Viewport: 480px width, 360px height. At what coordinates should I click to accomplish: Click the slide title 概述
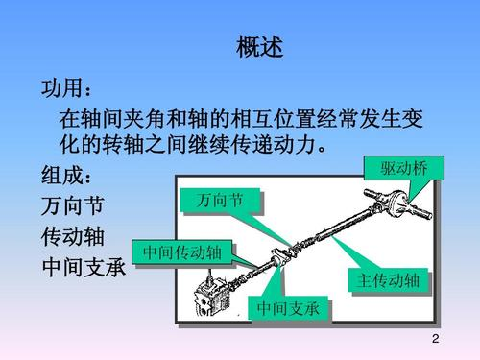pyautogui.click(x=259, y=46)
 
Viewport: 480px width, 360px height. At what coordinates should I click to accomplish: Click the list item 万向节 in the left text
pyautogui.click(x=72, y=206)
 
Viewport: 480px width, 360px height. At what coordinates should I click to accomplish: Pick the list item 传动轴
pyautogui.click(x=72, y=236)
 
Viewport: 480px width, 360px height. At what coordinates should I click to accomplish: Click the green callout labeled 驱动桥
pyautogui.click(x=397, y=169)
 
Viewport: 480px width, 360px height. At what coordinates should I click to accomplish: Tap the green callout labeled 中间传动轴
pyautogui.click(x=182, y=252)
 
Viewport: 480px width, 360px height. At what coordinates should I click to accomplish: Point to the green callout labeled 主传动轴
pyautogui.click(x=387, y=281)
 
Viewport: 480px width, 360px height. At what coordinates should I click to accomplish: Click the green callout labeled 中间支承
pyautogui.click(x=289, y=309)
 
